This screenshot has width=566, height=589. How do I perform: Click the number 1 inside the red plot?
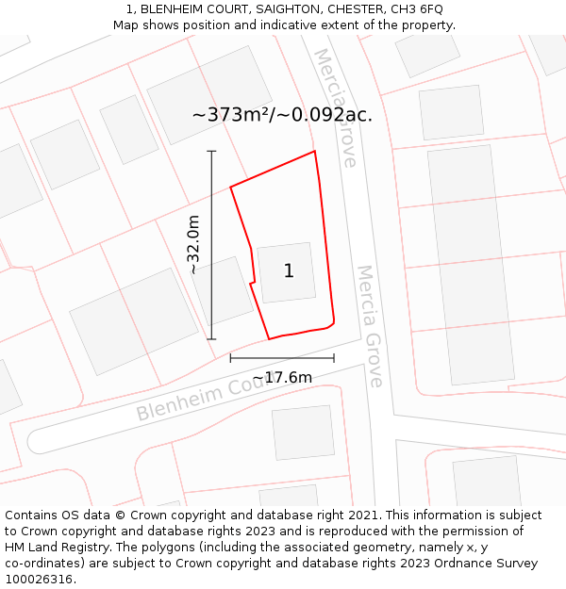(x=289, y=271)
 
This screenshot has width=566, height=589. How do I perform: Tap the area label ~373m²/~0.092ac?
(x=282, y=115)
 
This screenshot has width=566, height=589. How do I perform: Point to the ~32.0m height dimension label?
(x=193, y=245)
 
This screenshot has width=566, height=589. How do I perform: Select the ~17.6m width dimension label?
(x=282, y=378)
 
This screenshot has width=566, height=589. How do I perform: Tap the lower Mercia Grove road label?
(x=369, y=325)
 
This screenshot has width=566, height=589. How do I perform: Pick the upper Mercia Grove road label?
(x=337, y=107)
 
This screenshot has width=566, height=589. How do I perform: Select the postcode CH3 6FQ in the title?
(x=417, y=8)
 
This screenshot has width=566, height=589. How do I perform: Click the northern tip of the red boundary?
(x=314, y=152)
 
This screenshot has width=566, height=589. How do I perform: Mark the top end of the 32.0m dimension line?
(x=211, y=151)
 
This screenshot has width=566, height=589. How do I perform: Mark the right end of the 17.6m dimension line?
(x=334, y=358)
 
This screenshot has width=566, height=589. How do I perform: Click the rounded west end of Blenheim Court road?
(x=38, y=441)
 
